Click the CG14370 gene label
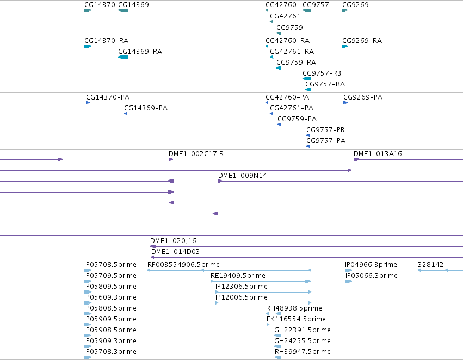click(x=100, y=5)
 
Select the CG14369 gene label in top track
click(x=133, y=5)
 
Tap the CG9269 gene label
click(x=355, y=5)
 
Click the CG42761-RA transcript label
click(x=292, y=51)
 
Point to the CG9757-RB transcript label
click(x=322, y=73)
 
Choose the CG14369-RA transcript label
click(x=140, y=51)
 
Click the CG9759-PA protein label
click(x=297, y=119)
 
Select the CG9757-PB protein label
click(x=325, y=130)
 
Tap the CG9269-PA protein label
click(x=363, y=97)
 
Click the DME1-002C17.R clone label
click(x=196, y=154)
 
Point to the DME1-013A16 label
click(x=378, y=154)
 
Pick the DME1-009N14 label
click(x=243, y=176)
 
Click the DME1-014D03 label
click(x=175, y=252)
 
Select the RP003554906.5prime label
click(x=183, y=265)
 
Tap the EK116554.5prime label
click(x=296, y=319)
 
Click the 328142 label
click(x=430, y=265)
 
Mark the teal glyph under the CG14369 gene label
click(x=123, y=10)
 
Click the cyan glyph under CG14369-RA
click(x=123, y=57)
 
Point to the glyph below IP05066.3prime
click(x=349, y=281)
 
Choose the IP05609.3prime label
click(x=110, y=297)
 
